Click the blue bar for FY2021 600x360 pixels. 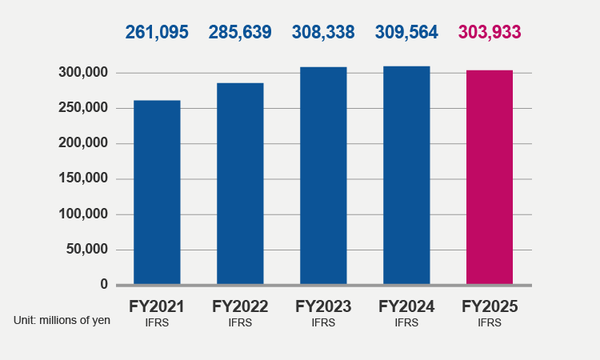point(157,192)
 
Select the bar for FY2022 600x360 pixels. point(240,183)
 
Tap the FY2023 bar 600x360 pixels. point(323,175)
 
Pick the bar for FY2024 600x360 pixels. point(406,175)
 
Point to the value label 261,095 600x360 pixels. point(157,33)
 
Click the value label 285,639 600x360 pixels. point(240,33)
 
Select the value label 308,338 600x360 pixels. point(323,33)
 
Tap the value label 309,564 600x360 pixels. point(406,33)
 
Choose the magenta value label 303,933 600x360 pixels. point(490,33)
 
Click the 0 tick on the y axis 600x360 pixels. point(103,285)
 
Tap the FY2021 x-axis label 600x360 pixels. point(157,306)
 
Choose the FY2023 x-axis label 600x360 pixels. point(323,306)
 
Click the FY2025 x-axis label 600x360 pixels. point(490,306)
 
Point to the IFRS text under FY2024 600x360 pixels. point(406,323)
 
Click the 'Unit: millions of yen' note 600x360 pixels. point(62,320)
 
